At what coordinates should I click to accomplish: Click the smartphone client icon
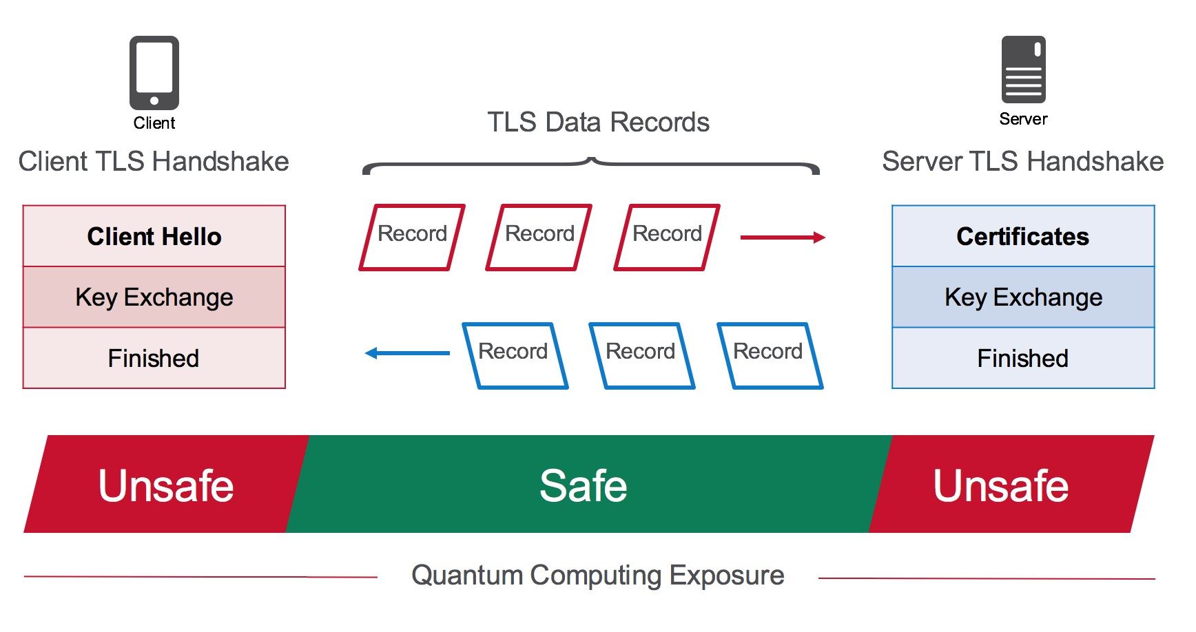pyautogui.click(x=154, y=72)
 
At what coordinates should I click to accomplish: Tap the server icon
pyautogui.click(x=1023, y=70)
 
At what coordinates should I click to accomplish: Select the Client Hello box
pyautogui.click(x=154, y=236)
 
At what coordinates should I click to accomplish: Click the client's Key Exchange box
pyautogui.click(x=154, y=297)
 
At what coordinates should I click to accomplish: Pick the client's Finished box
pyautogui.click(x=154, y=358)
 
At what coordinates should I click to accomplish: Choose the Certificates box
pyautogui.click(x=1023, y=236)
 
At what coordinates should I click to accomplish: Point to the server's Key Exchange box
pyautogui.click(x=1023, y=297)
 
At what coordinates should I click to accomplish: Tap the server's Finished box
pyautogui.click(x=1023, y=358)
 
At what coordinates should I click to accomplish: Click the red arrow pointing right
pyautogui.click(x=783, y=238)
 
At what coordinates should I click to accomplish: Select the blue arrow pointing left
pyautogui.click(x=406, y=353)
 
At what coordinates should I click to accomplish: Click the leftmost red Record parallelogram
pyautogui.click(x=412, y=237)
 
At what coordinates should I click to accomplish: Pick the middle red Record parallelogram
pyautogui.click(x=539, y=237)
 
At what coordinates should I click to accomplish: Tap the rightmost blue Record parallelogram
pyautogui.click(x=770, y=355)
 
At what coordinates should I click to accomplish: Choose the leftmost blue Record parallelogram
pyautogui.click(x=515, y=355)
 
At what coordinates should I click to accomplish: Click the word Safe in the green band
pyautogui.click(x=584, y=485)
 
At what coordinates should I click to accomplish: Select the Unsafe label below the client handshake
pyautogui.click(x=166, y=485)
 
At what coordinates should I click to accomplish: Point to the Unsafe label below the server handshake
pyautogui.click(x=1000, y=485)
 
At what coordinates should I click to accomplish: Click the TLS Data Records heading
pyautogui.click(x=598, y=123)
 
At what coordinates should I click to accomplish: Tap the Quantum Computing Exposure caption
pyautogui.click(x=597, y=575)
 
